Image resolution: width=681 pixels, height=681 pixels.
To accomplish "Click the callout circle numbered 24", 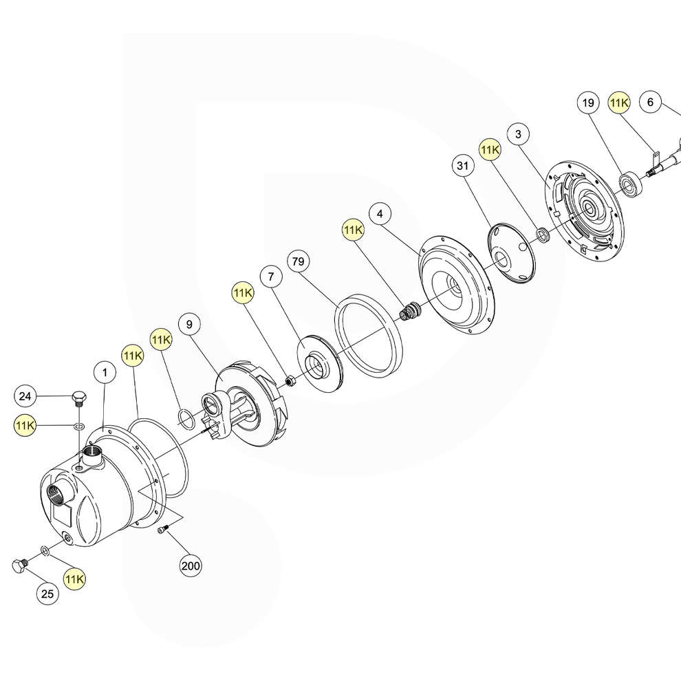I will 25,396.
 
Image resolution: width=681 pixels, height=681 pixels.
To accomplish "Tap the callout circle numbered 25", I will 47,594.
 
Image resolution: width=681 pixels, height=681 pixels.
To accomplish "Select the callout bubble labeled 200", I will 191,566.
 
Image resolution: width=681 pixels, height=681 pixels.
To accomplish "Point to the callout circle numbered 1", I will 105,373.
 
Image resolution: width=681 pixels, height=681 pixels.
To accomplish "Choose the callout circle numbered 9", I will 189,322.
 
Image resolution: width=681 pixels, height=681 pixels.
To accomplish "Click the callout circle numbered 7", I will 271,277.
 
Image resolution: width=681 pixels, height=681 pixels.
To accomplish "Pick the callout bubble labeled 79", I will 298,262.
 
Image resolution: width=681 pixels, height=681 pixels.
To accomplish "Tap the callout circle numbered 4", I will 380,213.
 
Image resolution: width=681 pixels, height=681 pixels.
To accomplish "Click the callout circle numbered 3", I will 518,133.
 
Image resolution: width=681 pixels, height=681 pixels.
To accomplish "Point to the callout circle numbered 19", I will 587,103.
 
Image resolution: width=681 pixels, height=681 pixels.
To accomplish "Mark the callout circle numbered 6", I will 650,102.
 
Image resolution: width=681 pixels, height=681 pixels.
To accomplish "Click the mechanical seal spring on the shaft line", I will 410,312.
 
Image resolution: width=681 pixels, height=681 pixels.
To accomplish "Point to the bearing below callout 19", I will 629,184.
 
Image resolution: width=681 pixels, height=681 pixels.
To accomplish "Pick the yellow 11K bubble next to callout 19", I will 619,102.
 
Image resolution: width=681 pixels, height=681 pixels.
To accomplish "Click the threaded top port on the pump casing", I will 92,453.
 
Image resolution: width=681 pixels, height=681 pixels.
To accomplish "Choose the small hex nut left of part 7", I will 290,380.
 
